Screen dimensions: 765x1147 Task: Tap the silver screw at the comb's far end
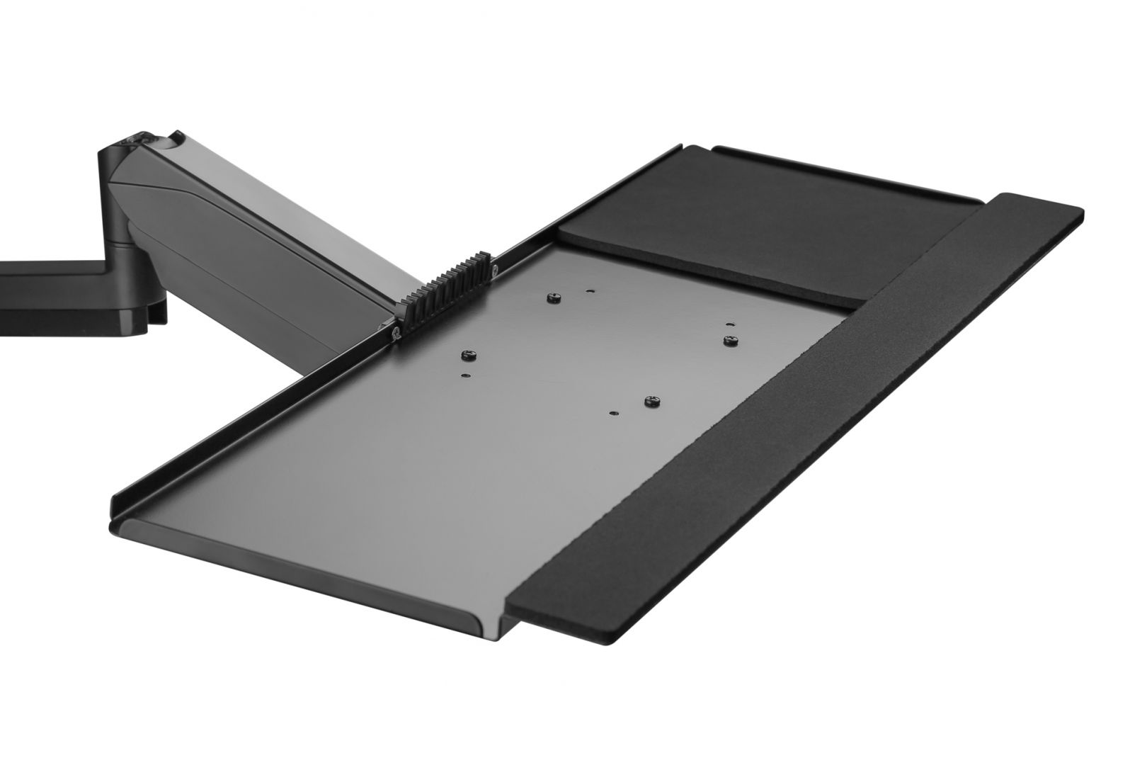click(495, 268)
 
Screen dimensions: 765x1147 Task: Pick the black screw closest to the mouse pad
click(729, 341)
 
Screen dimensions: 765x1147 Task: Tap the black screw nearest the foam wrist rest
click(650, 402)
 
